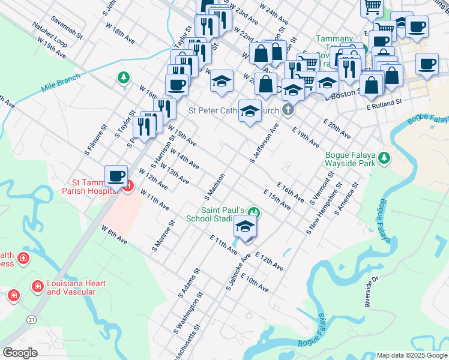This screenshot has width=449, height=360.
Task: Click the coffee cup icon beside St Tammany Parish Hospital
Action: click(116, 176)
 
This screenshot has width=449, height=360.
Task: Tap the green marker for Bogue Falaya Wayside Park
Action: click(383, 158)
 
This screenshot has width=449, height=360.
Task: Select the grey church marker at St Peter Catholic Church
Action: click(289, 110)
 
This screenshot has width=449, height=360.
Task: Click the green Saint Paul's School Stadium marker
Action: click(254, 212)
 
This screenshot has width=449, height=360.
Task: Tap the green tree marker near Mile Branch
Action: click(123, 78)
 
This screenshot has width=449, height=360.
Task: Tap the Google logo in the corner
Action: click(20, 352)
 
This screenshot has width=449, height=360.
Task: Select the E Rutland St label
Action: click(384, 104)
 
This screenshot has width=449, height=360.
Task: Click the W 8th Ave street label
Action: click(114, 235)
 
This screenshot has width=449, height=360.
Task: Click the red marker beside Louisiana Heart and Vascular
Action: click(37, 286)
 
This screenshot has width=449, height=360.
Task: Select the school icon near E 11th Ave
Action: click(245, 227)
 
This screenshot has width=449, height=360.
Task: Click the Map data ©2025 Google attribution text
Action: click(411, 355)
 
